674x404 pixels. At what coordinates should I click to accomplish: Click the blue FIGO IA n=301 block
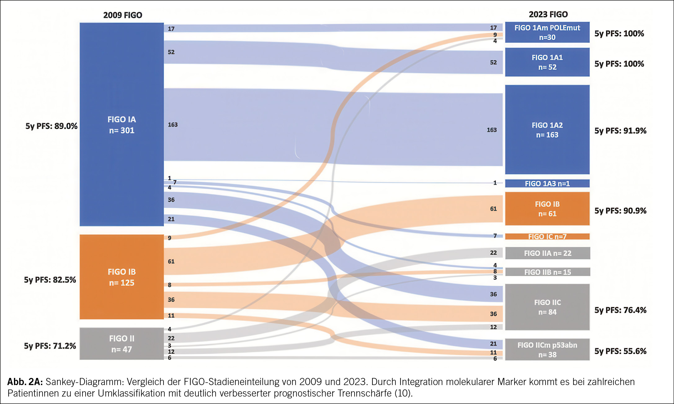122,124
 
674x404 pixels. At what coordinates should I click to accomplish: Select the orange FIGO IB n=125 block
122,277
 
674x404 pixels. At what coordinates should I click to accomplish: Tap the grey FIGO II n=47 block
122,344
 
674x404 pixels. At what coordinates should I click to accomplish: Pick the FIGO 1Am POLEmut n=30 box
547,32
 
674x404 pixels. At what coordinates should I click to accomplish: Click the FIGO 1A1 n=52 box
547,62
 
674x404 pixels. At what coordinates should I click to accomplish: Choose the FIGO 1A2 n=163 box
547,130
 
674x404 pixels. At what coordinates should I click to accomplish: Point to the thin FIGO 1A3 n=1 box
547,183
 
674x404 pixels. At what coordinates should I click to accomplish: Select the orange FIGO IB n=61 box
547,209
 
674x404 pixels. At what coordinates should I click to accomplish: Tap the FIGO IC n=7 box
547,236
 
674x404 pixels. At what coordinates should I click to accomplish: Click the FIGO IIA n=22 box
547,253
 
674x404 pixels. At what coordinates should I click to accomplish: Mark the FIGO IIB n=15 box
547,272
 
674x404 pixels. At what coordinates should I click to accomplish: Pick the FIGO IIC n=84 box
547,307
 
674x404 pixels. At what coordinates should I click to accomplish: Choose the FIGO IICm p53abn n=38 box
547,349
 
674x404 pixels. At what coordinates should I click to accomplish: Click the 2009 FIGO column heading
123,15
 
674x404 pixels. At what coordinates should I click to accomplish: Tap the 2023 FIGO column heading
548,14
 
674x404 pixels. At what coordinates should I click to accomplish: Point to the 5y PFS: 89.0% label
51,126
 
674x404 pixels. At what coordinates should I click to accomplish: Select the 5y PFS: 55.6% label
620,351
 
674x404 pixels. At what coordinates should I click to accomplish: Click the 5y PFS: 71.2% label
50,346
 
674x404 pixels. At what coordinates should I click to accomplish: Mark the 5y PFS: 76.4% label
620,310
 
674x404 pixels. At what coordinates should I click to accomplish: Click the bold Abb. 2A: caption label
25,381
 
